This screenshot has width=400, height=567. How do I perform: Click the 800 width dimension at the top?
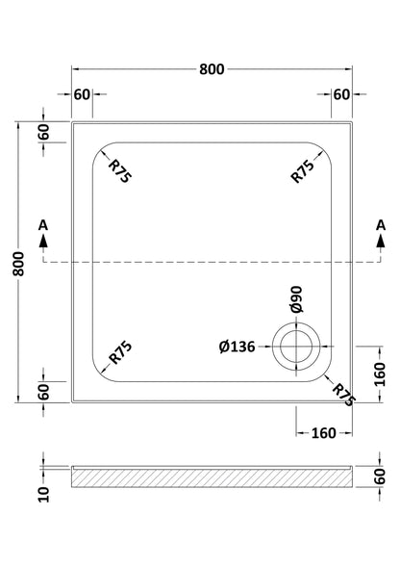pos(212,69)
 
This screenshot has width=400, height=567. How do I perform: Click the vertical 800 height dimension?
pos(18,264)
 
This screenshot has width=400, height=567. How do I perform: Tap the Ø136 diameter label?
pos(237,347)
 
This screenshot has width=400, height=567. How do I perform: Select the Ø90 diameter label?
pos(296,298)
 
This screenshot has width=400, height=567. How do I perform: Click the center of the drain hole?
pos(296,347)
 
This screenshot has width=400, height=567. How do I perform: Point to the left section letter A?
pos(43,225)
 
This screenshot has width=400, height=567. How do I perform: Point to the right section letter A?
pos(381,225)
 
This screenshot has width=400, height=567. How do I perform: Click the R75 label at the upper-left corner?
pos(120,171)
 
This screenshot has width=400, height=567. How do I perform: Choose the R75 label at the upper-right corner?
pos(303,171)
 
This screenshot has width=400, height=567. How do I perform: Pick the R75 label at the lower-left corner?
pos(121,352)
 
